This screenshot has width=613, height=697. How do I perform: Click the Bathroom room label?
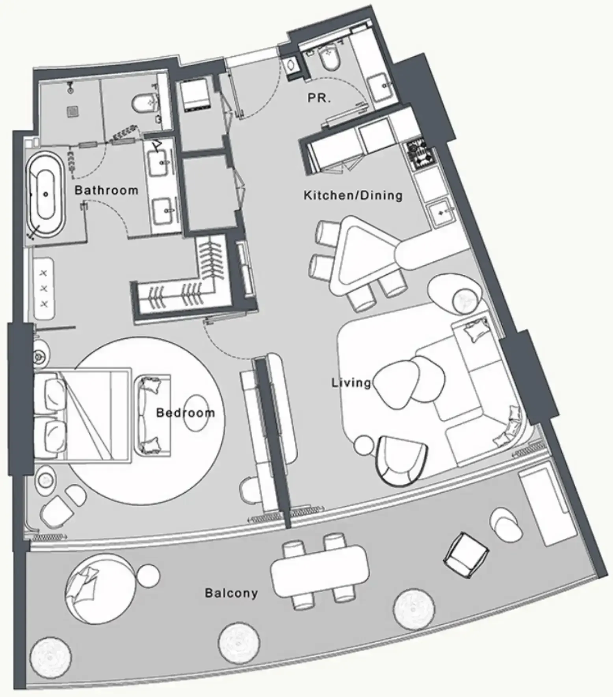click(x=106, y=190)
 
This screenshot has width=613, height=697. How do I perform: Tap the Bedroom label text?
click(x=186, y=413)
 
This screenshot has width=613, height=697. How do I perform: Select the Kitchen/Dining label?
click(x=353, y=195)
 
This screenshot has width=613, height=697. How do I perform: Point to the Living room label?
click(x=351, y=382)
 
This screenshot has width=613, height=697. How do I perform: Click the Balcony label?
click(x=231, y=593)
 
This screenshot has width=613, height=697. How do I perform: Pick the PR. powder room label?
click(x=319, y=98)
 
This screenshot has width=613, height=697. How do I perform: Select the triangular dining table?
click(x=355, y=256)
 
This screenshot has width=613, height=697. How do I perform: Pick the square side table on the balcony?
click(x=466, y=555)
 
